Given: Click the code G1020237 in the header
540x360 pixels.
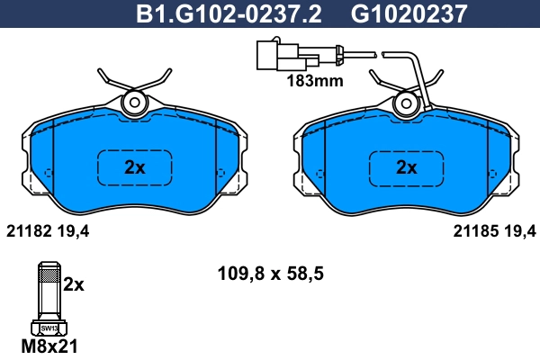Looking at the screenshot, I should click(396, 13).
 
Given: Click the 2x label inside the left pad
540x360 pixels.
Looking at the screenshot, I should click(134, 166).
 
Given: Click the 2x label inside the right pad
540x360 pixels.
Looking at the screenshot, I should click(407, 166).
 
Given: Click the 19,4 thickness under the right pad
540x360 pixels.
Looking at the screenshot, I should click(517, 231).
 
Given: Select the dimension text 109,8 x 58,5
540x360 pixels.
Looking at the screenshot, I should click(271, 270).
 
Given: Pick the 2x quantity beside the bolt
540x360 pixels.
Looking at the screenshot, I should click(74, 284).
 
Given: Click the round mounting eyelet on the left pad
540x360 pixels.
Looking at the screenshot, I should click(135, 103).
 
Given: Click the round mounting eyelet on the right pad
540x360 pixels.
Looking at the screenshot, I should click(407, 103).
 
